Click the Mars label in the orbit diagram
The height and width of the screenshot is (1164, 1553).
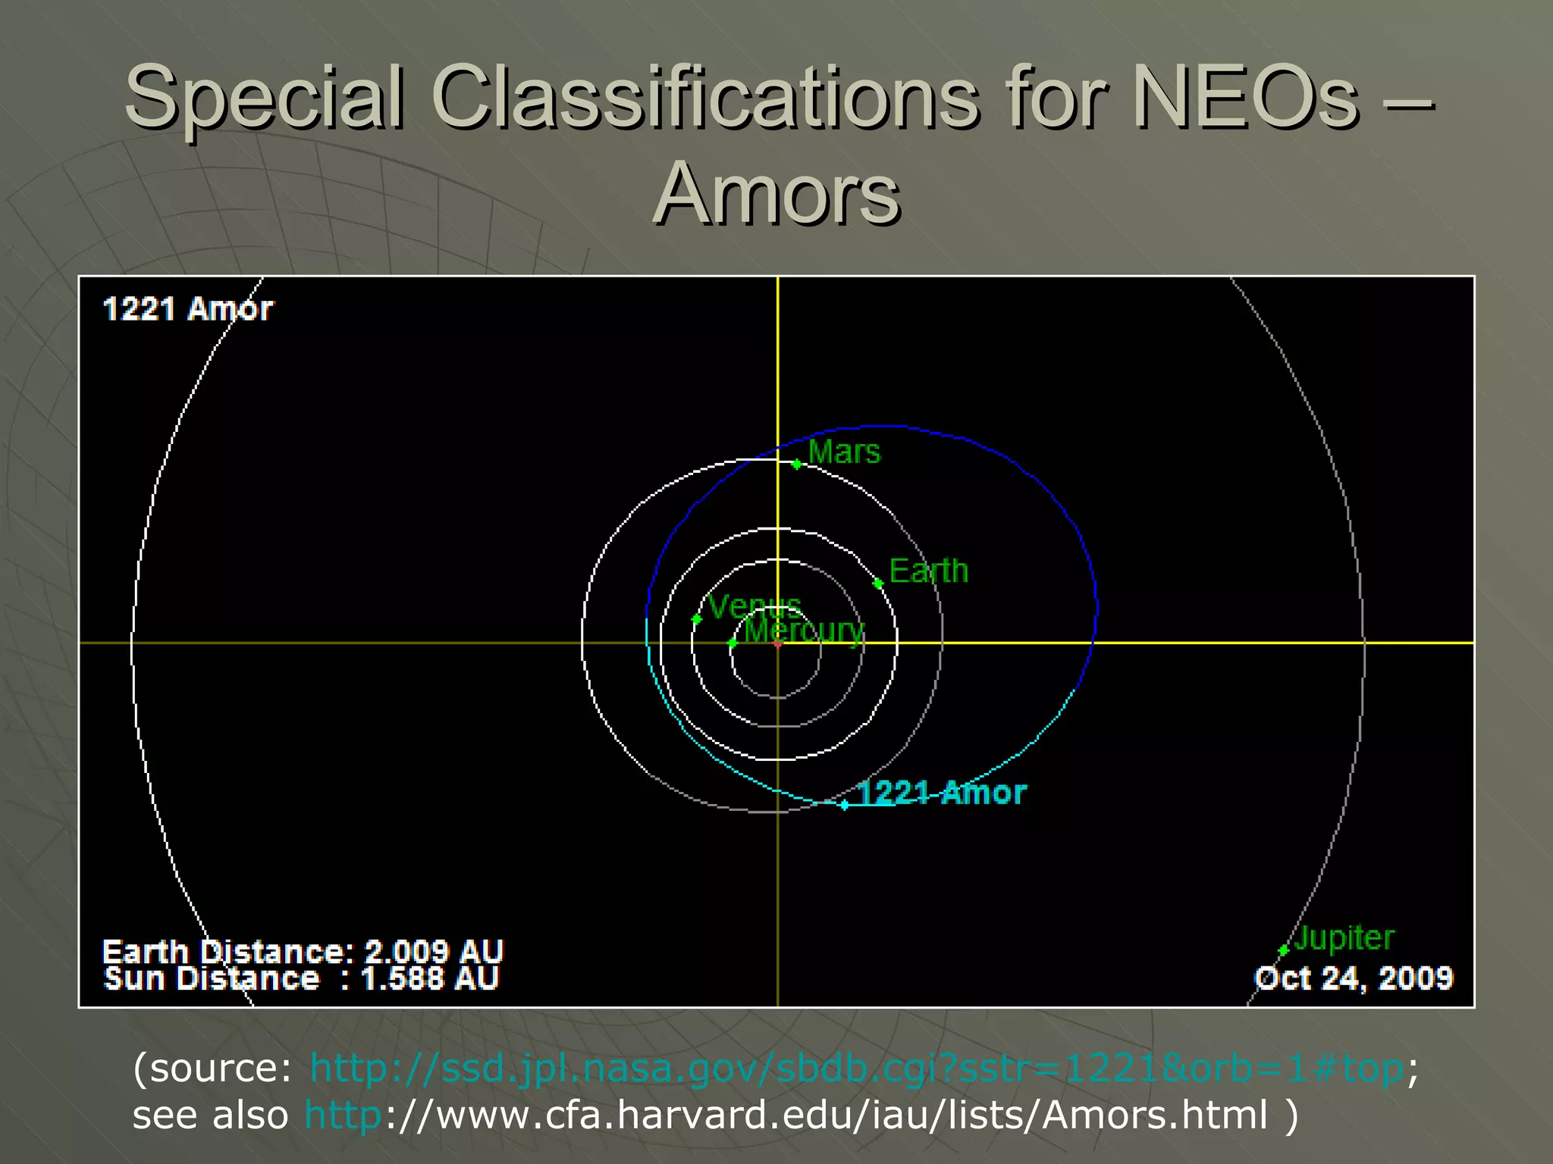coord(844,452)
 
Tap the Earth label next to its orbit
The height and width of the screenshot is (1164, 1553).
coord(928,571)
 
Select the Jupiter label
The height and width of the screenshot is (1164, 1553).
coord(1344,938)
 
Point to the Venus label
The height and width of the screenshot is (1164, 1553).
coord(754,606)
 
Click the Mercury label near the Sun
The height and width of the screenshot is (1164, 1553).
coord(804,630)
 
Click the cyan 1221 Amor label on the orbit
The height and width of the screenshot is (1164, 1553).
coord(942,793)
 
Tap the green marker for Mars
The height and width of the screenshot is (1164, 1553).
coord(797,464)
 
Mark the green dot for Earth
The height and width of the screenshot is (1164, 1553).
coord(878,584)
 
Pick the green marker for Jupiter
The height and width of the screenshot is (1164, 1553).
coord(1283,950)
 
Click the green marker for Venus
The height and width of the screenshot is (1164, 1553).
coord(697,619)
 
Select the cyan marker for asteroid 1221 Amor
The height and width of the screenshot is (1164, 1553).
coord(844,805)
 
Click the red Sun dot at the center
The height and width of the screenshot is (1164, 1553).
coord(778,643)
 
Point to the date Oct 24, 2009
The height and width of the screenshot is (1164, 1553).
coord(1354,978)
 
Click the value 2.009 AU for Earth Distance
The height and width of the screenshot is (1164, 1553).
coord(434,952)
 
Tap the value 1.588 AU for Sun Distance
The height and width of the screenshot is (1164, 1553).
coord(430,979)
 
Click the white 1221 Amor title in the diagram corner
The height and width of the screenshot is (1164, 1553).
coord(187,309)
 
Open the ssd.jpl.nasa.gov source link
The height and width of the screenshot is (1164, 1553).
coord(856,1069)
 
